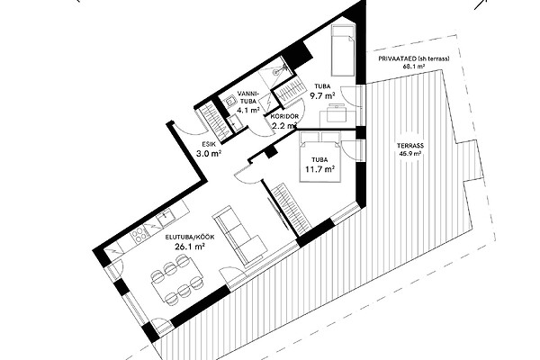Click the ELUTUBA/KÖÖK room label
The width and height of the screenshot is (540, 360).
(x=190, y=238)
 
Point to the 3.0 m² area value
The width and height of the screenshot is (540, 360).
(x=209, y=154)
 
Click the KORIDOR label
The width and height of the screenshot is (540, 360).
(x=284, y=116)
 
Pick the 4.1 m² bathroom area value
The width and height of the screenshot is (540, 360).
(x=248, y=110)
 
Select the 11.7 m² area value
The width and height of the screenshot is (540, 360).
(x=319, y=169)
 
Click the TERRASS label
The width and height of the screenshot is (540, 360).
(x=409, y=146)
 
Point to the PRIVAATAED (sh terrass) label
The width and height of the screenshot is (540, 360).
(x=414, y=58)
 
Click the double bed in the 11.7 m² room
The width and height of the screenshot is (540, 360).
(x=320, y=156)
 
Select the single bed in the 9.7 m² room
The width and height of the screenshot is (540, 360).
(x=343, y=50)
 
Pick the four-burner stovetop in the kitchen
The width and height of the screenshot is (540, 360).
(x=139, y=235)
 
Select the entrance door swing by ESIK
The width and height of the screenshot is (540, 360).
(x=188, y=130)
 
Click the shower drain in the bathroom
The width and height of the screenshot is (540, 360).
(x=275, y=72)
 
